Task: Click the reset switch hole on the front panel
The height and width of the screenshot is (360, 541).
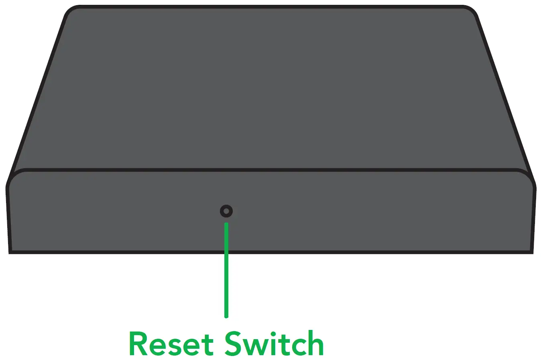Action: (x=226, y=211)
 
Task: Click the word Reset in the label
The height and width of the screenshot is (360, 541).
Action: (x=171, y=344)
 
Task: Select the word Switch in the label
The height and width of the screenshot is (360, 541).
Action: (x=274, y=344)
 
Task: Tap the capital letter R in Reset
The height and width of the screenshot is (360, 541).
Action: (x=138, y=344)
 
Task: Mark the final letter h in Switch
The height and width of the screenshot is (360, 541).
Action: (x=314, y=344)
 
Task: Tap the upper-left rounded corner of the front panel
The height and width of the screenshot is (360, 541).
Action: (x=14, y=177)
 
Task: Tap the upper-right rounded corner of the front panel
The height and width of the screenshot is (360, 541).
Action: (x=527, y=177)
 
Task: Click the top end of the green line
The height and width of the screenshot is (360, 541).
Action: (x=226, y=224)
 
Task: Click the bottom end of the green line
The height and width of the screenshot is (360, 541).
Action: (x=226, y=316)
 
